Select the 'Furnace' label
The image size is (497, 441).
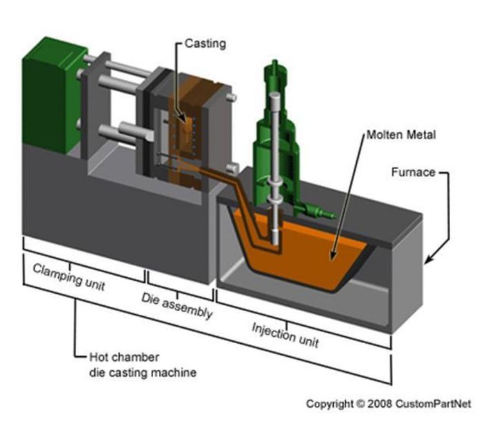click(x=414, y=172)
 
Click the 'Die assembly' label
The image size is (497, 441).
click(x=177, y=306)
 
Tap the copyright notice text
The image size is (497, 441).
click(x=388, y=404)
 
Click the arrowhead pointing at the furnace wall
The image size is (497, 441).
click(x=429, y=260)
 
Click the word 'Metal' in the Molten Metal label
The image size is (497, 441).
click(x=420, y=135)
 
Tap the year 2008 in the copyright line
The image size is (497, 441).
click(x=374, y=404)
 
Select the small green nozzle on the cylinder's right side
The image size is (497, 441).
click(x=324, y=212)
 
